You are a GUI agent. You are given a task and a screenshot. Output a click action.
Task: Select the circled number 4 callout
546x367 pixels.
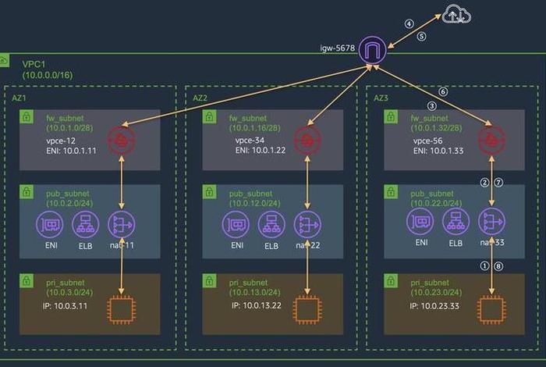(409, 23)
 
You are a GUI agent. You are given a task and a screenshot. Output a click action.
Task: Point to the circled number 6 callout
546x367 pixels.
(444, 91)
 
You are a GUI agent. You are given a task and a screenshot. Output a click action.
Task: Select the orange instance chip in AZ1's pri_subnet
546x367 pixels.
(122, 308)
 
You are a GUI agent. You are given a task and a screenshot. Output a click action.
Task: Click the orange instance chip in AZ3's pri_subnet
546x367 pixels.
(492, 308)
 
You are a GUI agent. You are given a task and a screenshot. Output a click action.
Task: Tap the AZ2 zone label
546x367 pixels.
(199, 98)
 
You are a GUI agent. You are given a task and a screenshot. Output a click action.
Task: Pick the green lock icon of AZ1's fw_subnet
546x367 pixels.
(27, 118)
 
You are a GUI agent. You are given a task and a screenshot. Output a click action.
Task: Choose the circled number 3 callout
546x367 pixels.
(431, 105)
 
